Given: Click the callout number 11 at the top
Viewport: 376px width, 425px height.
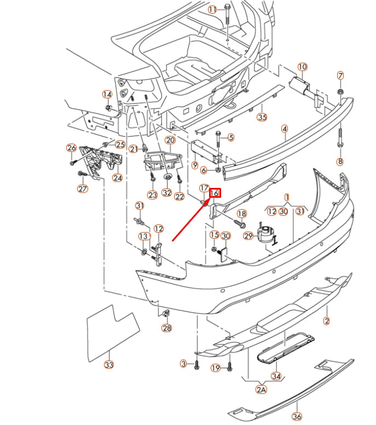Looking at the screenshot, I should coord(212,9).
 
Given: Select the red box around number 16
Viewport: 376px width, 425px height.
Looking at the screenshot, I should coord(215,193).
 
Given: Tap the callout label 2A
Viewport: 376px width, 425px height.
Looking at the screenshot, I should coord(261,389).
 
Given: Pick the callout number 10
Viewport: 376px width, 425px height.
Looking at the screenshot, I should coord(302,67).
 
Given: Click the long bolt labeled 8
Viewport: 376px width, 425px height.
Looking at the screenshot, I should coord(340,137).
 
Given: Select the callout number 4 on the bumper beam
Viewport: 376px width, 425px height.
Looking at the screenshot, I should coord(285,129).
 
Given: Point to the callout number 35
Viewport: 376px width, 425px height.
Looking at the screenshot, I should coord(262,117).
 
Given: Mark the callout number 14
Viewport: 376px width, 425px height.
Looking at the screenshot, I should coord(107,95).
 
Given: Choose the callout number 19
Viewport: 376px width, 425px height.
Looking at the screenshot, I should coord(216,368).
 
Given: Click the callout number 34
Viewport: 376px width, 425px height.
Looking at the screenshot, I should coord(276,376).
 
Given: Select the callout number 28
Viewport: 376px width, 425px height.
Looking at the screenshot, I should coord(166,328).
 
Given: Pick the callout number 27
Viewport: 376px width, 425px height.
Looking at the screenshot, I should coord(82,189).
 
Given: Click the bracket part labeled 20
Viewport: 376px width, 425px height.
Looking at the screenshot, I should coord(162,160).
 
